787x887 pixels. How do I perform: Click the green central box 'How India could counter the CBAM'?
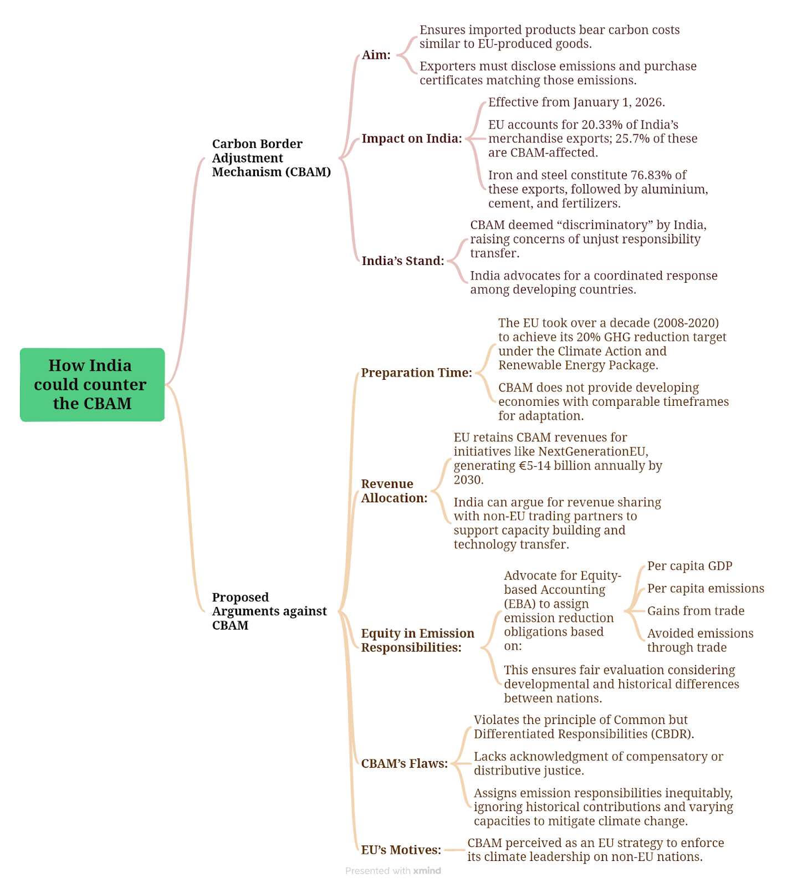pyautogui.click(x=92, y=385)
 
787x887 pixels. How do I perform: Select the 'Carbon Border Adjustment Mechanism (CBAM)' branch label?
pyautogui.click(x=272, y=158)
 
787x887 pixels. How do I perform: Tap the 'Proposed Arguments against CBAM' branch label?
pyautogui.click(x=269, y=611)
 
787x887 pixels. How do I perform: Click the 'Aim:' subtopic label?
pyautogui.click(x=376, y=55)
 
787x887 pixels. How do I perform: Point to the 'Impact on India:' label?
pyautogui.click(x=412, y=139)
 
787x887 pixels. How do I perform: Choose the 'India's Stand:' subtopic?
pyautogui.click(x=403, y=261)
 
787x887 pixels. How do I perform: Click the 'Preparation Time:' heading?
pyautogui.click(x=417, y=373)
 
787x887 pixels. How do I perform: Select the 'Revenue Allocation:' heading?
pyautogui.click(x=394, y=491)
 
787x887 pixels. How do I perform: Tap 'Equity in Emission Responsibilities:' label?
pyautogui.click(x=418, y=640)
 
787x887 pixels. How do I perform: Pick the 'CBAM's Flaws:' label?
pyautogui.click(x=405, y=763)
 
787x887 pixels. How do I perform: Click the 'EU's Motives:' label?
pyautogui.click(x=401, y=850)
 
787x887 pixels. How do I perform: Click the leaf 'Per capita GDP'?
pyautogui.click(x=690, y=566)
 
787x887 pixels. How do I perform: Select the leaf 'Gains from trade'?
pyautogui.click(x=696, y=611)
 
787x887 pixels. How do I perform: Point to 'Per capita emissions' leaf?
pyautogui.click(x=706, y=588)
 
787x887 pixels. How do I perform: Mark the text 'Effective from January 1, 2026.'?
pyautogui.click(x=576, y=103)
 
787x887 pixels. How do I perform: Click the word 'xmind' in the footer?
pyautogui.click(x=427, y=871)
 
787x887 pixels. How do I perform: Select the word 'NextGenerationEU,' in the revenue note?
pyautogui.click(x=594, y=451)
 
